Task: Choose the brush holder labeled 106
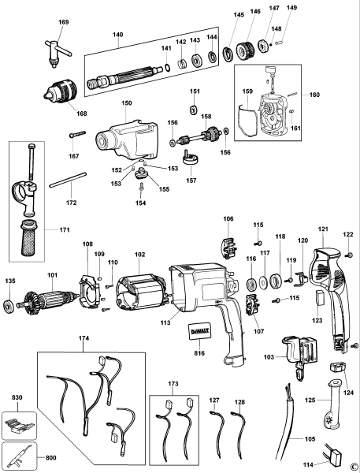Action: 228,245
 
